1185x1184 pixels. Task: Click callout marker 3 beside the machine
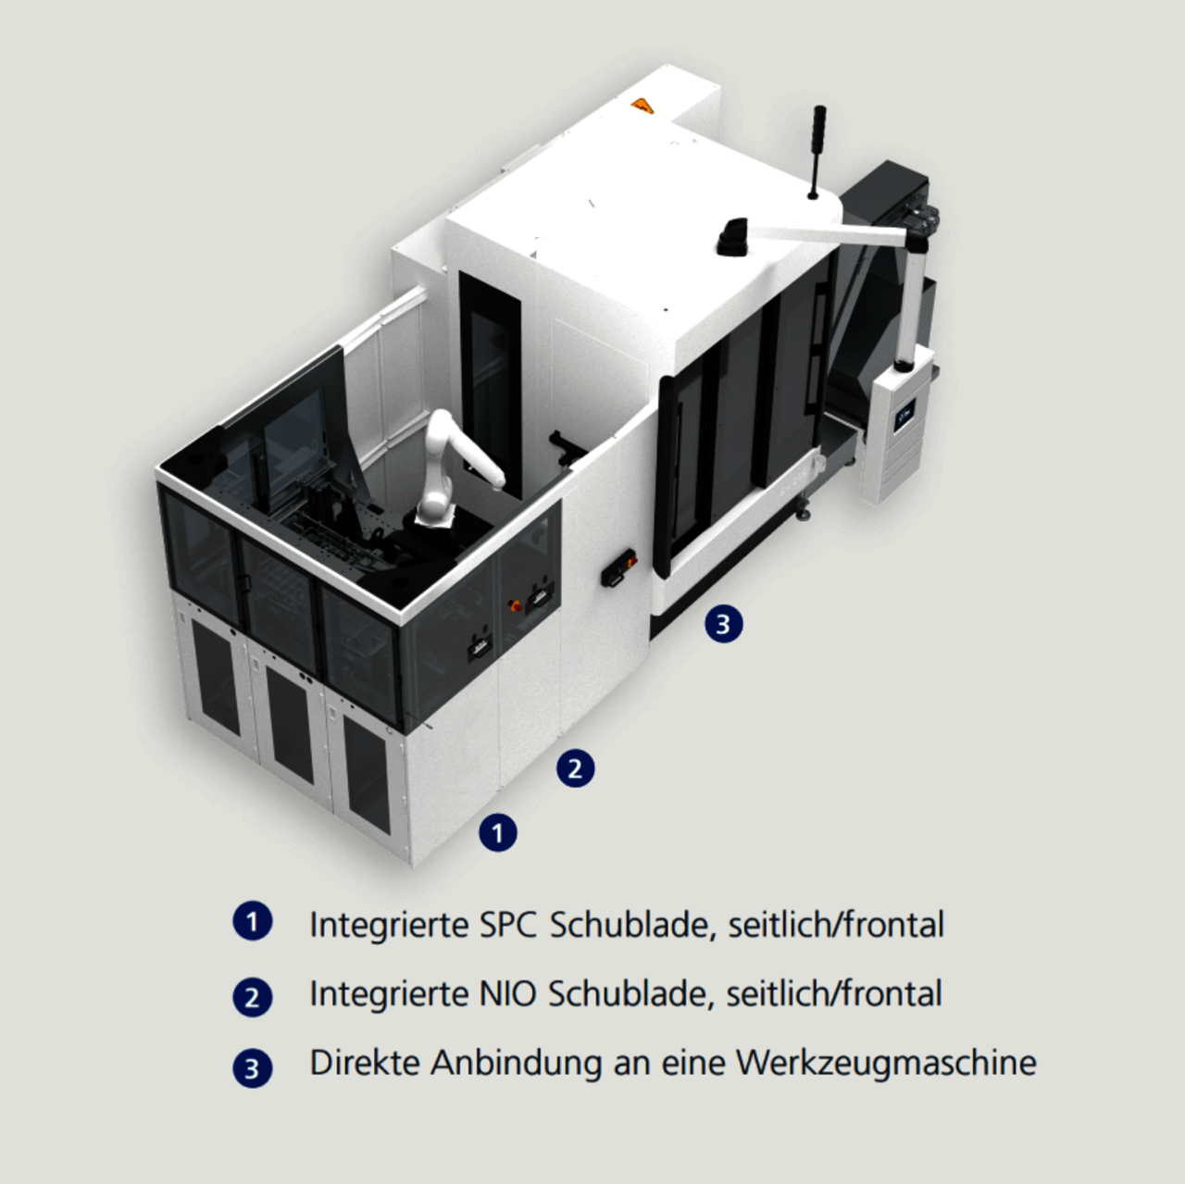[x=723, y=624]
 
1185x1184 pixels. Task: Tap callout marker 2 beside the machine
[x=575, y=768]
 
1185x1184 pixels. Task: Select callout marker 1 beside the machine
[x=497, y=833]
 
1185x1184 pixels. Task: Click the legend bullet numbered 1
[x=252, y=922]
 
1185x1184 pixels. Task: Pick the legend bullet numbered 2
[x=252, y=997]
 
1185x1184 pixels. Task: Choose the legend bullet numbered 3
[x=252, y=1068]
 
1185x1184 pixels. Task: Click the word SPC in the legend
[x=507, y=925]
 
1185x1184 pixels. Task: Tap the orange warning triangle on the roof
[x=642, y=106]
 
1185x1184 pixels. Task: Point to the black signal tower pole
[x=817, y=152]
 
